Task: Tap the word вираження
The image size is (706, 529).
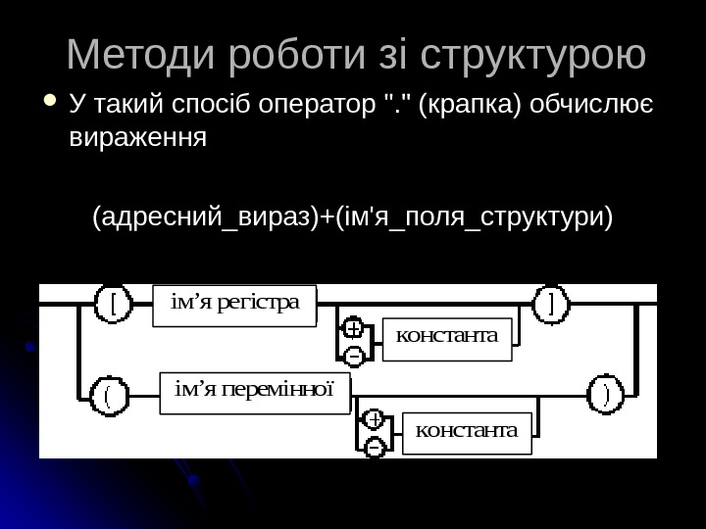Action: click(x=138, y=136)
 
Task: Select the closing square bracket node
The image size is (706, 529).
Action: click(x=551, y=304)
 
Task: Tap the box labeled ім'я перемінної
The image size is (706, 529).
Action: click(x=254, y=392)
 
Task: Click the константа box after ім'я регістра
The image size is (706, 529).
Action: click(x=446, y=336)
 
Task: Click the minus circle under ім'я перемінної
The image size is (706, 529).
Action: click(x=374, y=447)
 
